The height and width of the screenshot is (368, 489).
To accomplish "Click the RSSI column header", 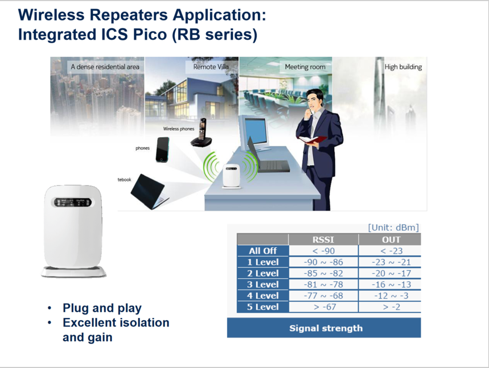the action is [323, 239].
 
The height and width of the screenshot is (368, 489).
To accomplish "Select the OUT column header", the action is [391, 239].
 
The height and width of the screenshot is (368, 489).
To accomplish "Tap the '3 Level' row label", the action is [263, 284].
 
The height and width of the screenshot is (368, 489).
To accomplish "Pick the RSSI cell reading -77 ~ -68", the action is [323, 295].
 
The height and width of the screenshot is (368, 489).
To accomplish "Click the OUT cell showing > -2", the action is [392, 307].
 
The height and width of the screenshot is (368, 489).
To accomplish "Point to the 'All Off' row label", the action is [263, 251].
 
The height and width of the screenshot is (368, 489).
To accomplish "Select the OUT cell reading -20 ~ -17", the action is [391, 273].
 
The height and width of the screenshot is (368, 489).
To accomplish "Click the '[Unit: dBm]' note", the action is [393, 228].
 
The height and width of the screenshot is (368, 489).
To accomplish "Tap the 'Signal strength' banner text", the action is [326, 328].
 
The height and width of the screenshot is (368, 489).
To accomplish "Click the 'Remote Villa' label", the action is [211, 67].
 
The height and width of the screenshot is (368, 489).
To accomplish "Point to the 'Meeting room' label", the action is [305, 67].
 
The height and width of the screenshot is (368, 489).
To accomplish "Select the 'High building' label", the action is [403, 67].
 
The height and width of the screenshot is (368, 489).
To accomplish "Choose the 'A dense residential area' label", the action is [105, 67].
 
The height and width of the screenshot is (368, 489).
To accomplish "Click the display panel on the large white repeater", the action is [73, 202].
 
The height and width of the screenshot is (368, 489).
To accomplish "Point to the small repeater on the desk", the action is [232, 176].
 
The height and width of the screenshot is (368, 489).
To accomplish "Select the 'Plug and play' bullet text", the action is [102, 308].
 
